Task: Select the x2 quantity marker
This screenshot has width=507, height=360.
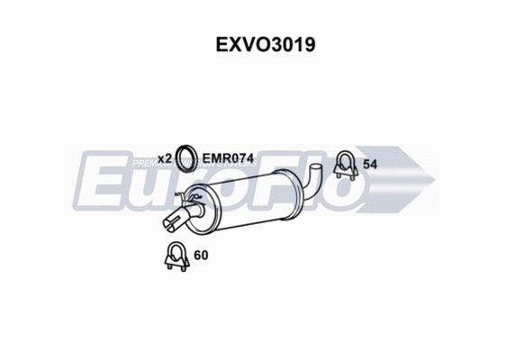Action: pos(164,158)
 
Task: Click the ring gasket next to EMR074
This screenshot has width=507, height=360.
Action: pos(186,157)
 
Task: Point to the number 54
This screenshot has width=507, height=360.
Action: pos(369,164)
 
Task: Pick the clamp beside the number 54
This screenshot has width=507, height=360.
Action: pos(344,164)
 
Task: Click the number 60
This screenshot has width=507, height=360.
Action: pos(201,256)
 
